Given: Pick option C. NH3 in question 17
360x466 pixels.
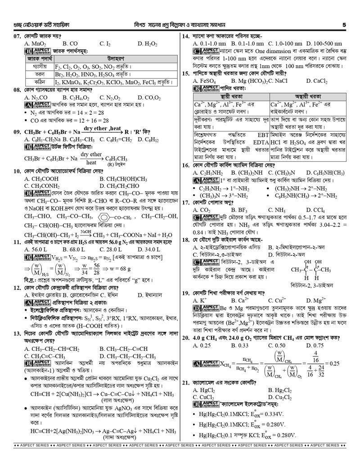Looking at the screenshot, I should coord(276,210).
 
